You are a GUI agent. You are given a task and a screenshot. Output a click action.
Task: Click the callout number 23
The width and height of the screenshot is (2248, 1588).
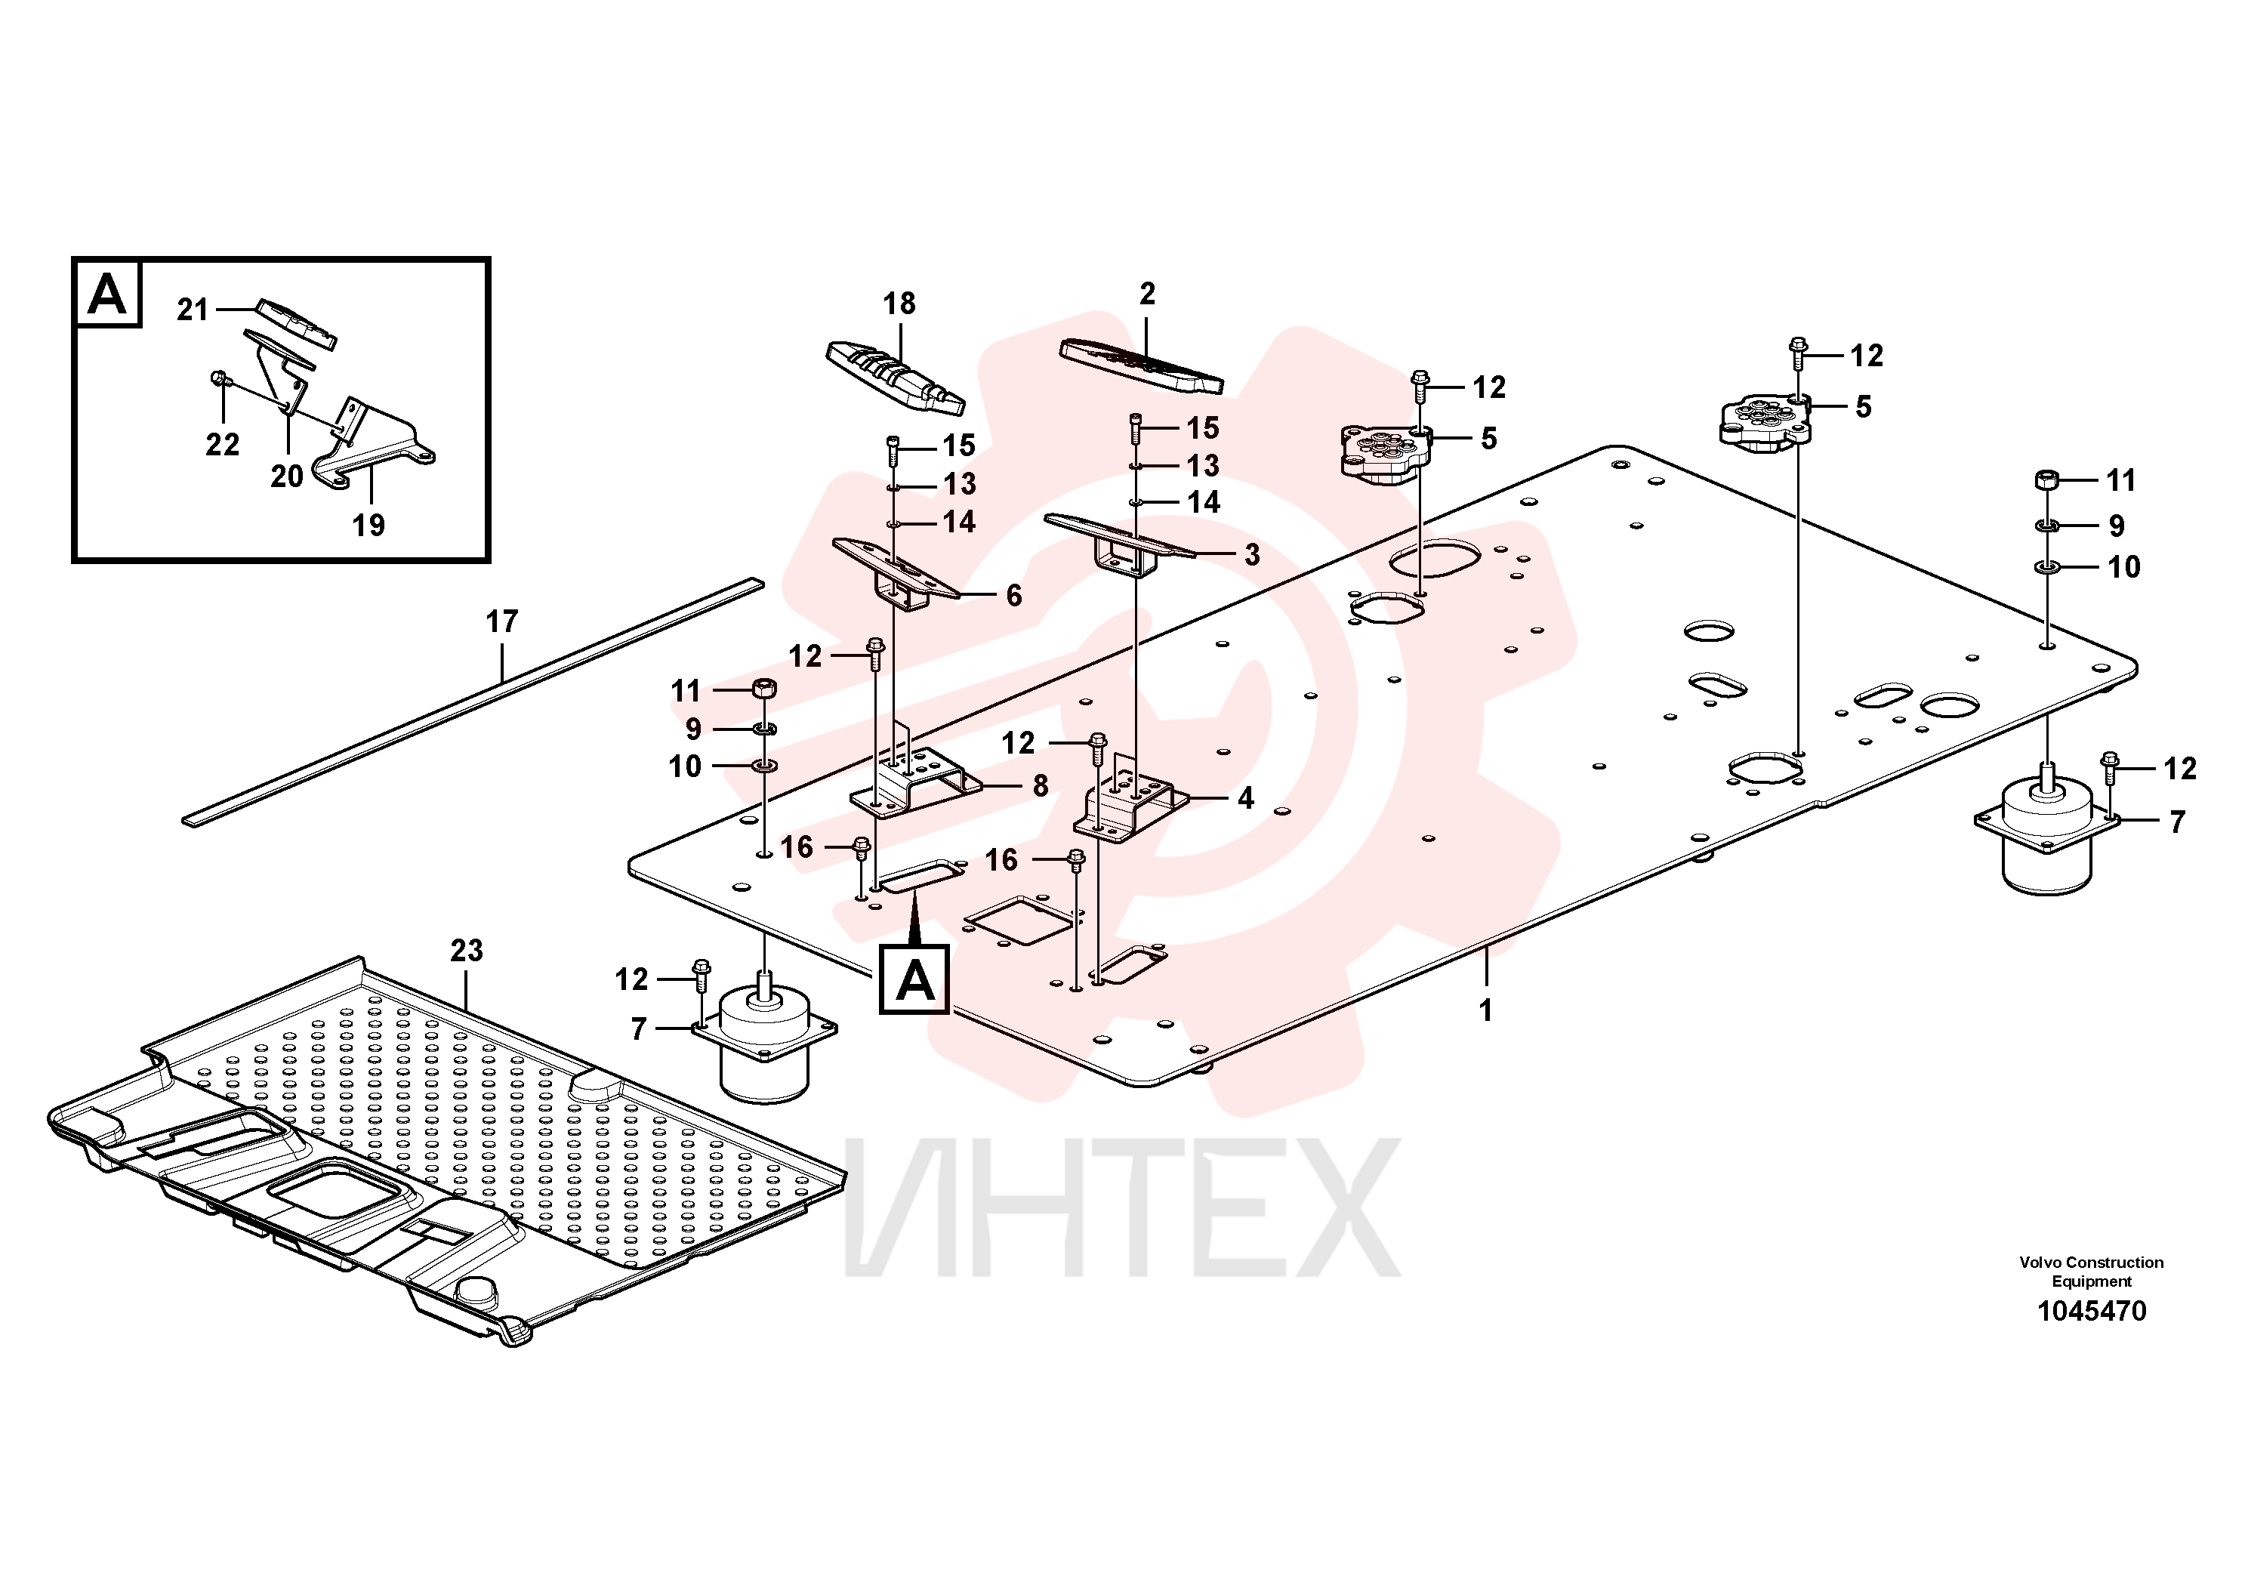pos(466,950)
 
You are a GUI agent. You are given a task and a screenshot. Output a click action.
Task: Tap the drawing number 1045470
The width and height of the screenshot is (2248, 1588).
pos(2092,1311)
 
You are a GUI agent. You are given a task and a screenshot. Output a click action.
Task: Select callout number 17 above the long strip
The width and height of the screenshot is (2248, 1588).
pos(501,621)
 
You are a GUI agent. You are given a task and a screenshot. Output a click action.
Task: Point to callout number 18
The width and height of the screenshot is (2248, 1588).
pos(899,304)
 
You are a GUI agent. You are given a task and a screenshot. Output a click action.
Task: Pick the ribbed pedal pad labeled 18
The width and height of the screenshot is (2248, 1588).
pos(896,377)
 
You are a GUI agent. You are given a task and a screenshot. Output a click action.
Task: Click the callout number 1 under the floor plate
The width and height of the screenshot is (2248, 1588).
pos(1485,1010)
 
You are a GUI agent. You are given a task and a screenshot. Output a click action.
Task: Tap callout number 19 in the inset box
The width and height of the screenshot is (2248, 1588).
pos(368,525)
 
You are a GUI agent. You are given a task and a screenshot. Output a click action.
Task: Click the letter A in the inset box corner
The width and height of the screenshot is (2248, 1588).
pos(106,293)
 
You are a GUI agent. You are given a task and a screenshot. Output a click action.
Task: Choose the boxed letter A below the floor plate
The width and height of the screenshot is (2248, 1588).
pos(914,979)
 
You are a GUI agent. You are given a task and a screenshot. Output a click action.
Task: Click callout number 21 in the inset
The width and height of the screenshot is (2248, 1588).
pos(193,310)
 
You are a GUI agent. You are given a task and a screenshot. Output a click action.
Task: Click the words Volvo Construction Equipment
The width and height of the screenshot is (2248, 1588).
pos(2092,1272)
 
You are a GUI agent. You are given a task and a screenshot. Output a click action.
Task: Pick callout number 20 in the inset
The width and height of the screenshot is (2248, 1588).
pos(287,476)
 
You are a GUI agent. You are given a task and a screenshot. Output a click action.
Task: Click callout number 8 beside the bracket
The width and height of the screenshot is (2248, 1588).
pos(1040,785)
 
